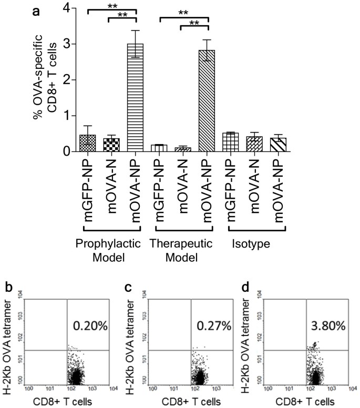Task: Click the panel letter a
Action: point(37,10)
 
